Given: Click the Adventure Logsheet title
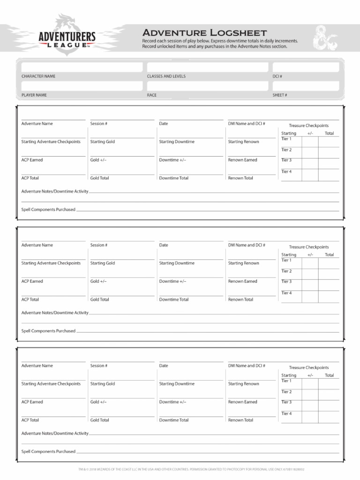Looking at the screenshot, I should coord(204,32).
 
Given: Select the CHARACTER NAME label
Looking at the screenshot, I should coord(38,76).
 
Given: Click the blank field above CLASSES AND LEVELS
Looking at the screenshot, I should coord(206,67).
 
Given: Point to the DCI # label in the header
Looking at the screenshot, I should coord(277,76).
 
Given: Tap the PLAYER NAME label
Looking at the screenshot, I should coord(34,95).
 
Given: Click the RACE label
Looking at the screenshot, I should coord(151,95).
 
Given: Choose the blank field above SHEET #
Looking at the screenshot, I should coord(305,86).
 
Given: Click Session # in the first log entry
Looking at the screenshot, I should coord(99,124).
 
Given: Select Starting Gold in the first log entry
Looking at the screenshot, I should coord(102,142).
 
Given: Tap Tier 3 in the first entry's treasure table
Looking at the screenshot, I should coord(286,160).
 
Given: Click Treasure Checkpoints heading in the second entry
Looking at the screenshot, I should coord(308,247).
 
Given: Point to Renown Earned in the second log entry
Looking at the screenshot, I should coord(242,281).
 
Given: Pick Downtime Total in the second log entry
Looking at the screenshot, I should coord(173,300).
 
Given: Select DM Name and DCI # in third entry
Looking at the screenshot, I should coord(247,366).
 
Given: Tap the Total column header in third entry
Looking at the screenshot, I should coord(329,375).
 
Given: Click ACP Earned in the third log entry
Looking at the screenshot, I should coord(32,402).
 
